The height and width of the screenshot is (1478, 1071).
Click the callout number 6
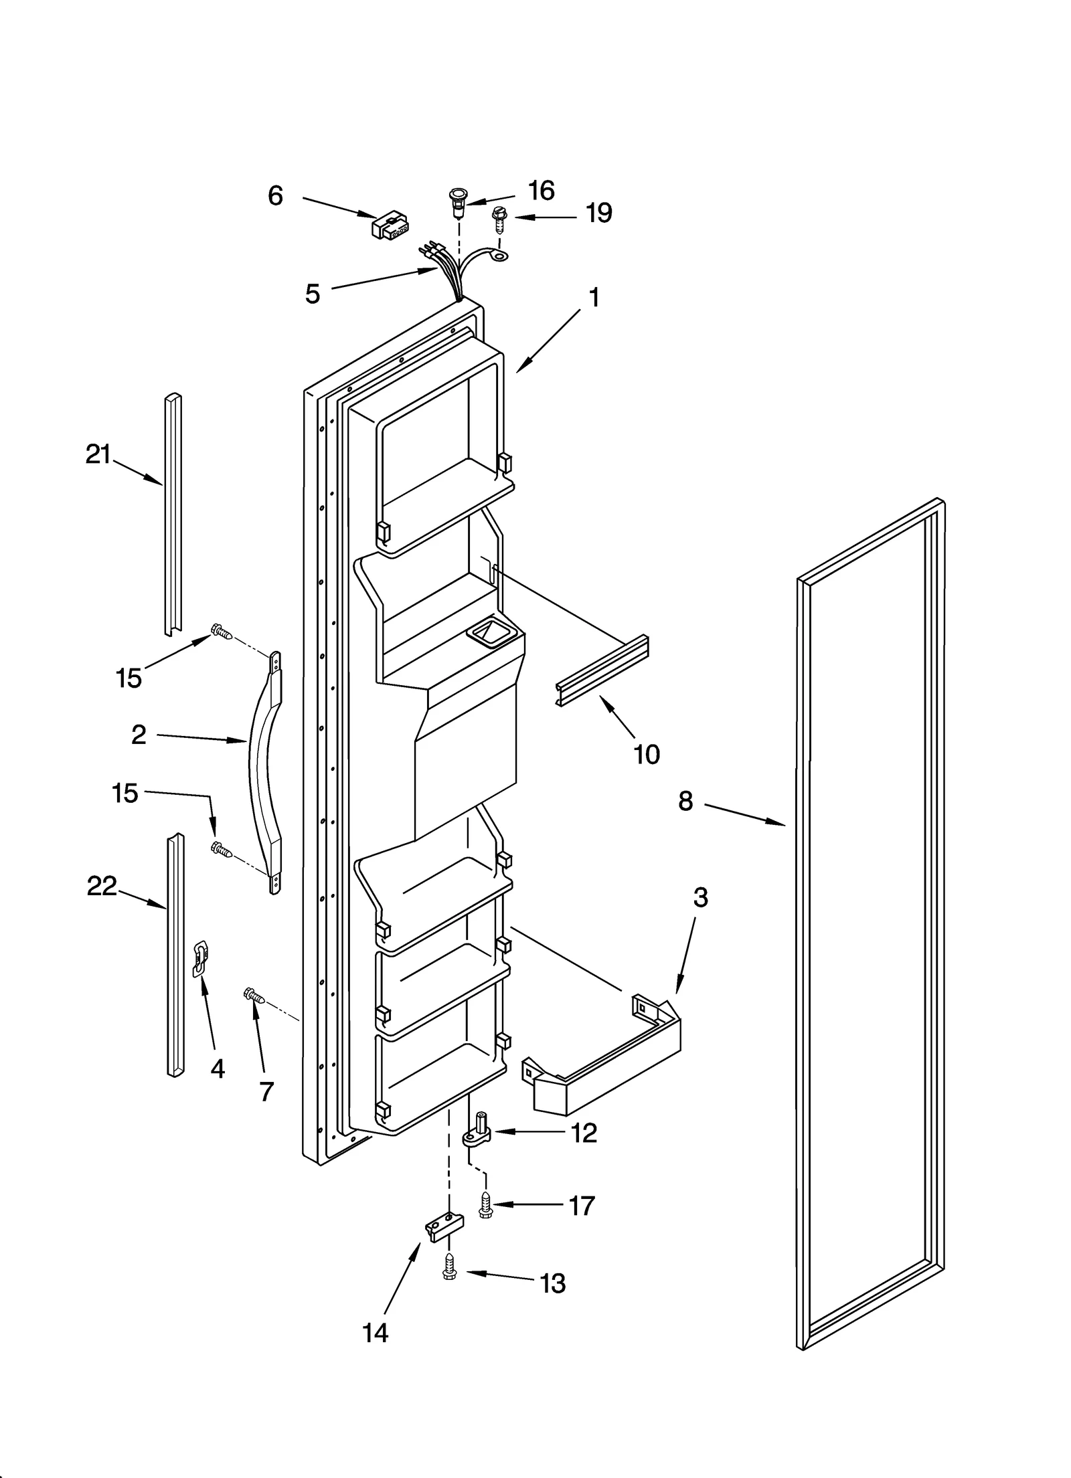[x=275, y=196]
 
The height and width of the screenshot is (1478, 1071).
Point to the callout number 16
[x=541, y=191]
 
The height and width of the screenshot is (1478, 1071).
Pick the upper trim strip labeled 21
[x=173, y=514]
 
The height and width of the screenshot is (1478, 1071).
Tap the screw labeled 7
[x=254, y=996]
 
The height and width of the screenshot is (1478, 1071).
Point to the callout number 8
[x=685, y=801]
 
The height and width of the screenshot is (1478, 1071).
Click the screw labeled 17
[x=484, y=1207]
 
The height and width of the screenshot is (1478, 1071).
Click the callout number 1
[x=594, y=297]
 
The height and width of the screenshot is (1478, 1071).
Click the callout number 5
[x=313, y=294]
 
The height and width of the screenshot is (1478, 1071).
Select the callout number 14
[x=375, y=1333]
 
